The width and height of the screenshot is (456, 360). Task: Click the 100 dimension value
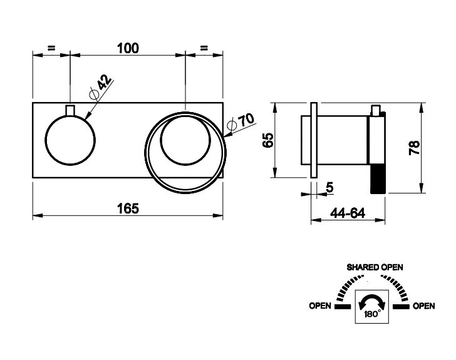tap(128, 48)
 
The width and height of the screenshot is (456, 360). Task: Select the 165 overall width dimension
tap(128, 208)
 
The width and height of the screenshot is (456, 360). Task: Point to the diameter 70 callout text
tap(241, 121)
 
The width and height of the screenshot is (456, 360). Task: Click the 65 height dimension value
tap(268, 140)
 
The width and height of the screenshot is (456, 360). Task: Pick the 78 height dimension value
tap(414, 148)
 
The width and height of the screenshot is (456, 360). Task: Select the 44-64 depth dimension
tap(348, 213)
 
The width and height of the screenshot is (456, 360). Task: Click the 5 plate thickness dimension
tap(329, 188)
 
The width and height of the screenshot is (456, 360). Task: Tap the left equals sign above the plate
tap(51, 48)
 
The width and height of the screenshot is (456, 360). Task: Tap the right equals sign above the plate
tap(204, 48)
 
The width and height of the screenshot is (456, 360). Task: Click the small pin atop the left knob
tap(70, 110)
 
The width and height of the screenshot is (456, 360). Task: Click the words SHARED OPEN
tap(375, 267)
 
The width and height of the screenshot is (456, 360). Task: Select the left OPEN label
tap(320, 306)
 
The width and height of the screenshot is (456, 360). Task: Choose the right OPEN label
tap(424, 306)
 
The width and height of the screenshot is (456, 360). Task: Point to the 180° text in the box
tap(373, 314)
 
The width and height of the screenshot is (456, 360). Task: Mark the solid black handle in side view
tap(378, 178)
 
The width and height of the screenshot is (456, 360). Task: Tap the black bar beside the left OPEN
tap(343, 307)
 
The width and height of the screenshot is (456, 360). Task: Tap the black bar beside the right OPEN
tap(401, 307)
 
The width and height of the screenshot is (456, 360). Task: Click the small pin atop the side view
tap(376, 110)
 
